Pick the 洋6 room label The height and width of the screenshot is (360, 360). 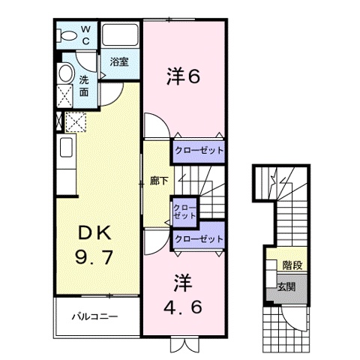tap(183, 75)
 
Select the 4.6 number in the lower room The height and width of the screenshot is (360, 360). tap(183, 307)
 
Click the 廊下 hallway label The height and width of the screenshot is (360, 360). tap(158, 181)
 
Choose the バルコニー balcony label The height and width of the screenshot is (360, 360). tap(94, 316)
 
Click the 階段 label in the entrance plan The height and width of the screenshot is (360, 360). tap(293, 264)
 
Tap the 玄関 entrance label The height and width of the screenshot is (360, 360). tap(286, 286)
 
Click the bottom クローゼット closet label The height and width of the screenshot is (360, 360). tap(199, 238)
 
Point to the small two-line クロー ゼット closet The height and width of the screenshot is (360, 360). tap(184, 211)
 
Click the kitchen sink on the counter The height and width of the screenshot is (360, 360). tap(64, 147)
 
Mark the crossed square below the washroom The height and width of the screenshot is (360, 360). tap(74, 122)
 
